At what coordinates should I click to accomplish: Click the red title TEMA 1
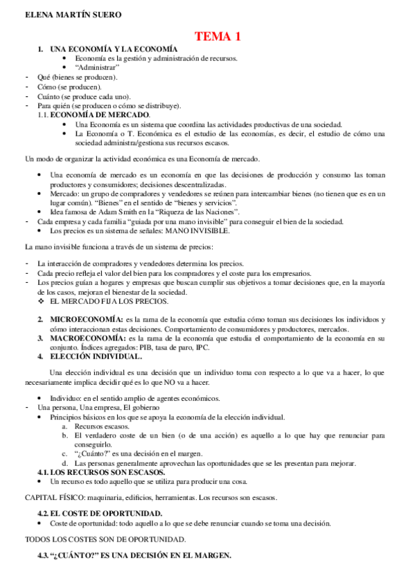(x=217, y=36)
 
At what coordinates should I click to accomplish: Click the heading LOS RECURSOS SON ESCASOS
(x=107, y=472)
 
